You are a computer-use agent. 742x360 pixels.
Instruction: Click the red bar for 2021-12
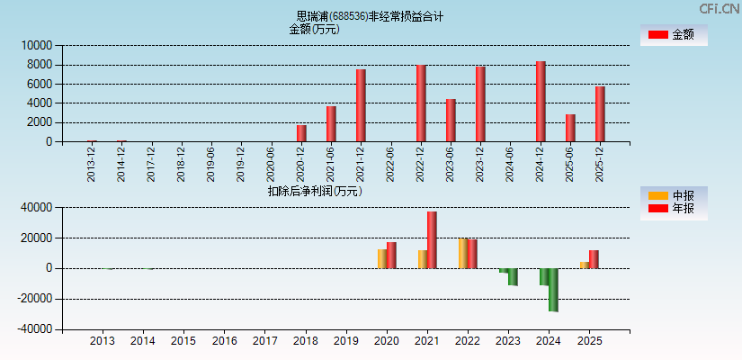(x=361, y=105)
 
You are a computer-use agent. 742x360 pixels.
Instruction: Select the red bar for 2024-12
(x=541, y=102)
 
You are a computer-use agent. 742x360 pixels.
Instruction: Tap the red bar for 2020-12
(x=301, y=133)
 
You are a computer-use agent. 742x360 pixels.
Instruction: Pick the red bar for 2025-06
(x=570, y=128)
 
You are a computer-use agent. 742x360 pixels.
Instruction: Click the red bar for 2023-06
(x=451, y=121)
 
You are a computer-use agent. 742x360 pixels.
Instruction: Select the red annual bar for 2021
(x=432, y=240)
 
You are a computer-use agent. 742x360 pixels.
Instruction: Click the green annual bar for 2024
(x=553, y=290)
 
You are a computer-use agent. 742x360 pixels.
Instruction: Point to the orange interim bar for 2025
(x=584, y=265)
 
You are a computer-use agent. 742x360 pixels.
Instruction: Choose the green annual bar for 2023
(x=513, y=276)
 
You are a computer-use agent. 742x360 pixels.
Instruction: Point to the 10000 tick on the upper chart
(x=37, y=45)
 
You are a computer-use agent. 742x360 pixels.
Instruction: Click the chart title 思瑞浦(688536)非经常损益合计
(x=370, y=16)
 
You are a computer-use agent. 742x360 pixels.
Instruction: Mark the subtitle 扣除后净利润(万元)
(x=315, y=191)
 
